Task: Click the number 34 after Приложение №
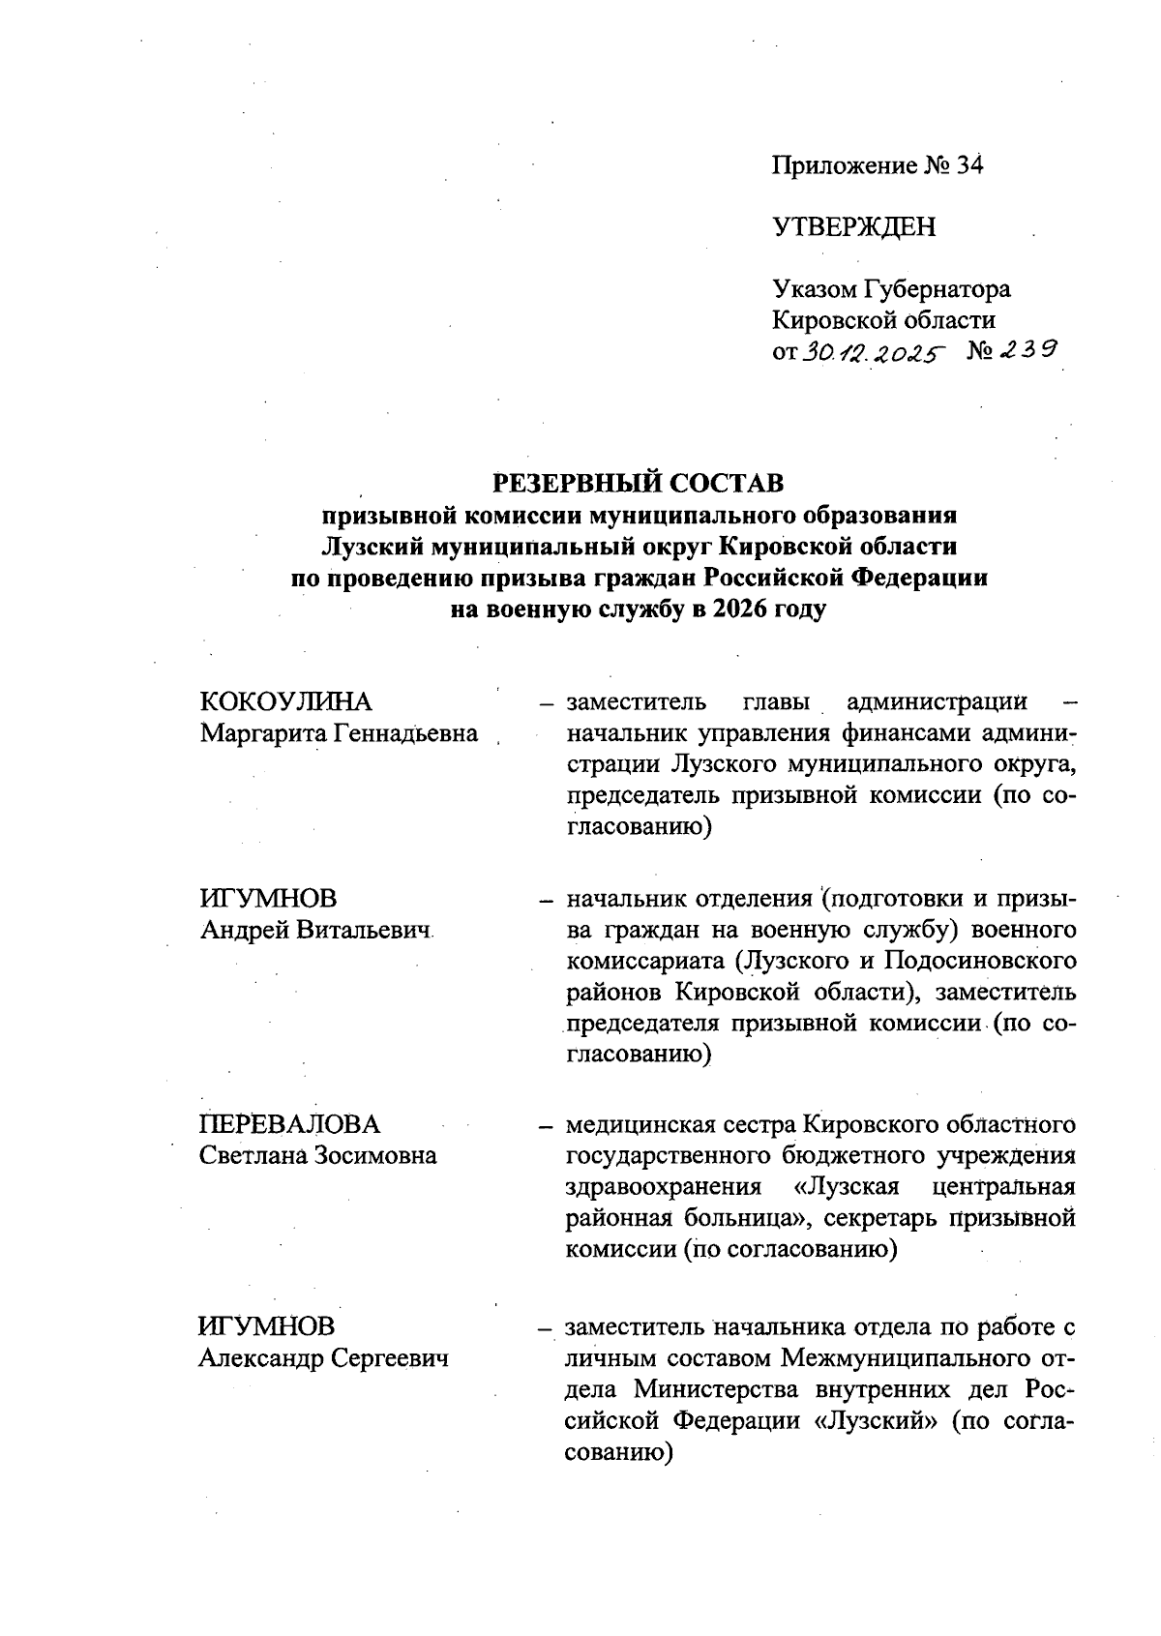pyautogui.click(x=969, y=166)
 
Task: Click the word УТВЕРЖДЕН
pyautogui.click(x=853, y=227)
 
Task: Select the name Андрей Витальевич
pyautogui.click(x=314, y=931)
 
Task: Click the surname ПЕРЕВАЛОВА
pyautogui.click(x=289, y=1124)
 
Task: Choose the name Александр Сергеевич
pyautogui.click(x=323, y=1358)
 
